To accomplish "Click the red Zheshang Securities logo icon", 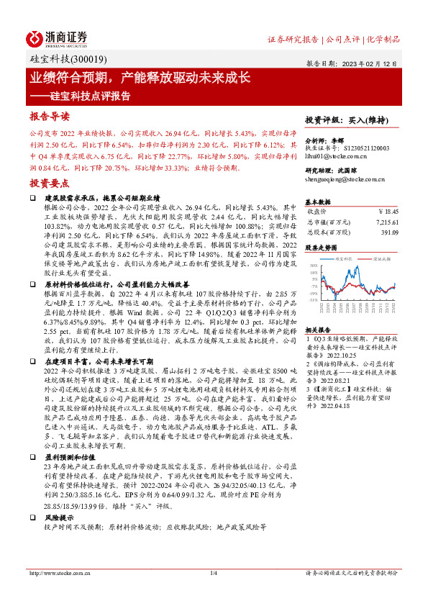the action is click(x=36, y=37).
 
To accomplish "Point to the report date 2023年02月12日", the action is click(x=374, y=63).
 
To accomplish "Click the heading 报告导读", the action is click(x=50, y=116).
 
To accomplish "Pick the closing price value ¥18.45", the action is click(x=388, y=212).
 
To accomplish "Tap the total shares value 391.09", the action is click(x=388, y=232).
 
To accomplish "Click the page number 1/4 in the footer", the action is click(x=213, y=574).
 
